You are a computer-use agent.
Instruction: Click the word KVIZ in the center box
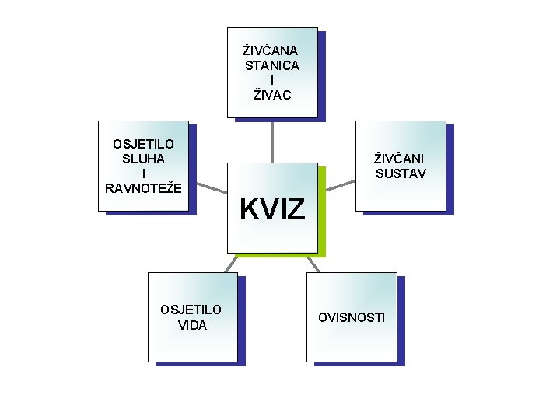tap(272, 209)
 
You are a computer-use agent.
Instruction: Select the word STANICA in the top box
tap(272, 65)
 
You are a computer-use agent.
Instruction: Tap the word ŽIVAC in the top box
tap(272, 95)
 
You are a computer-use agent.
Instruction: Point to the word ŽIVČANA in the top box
tap(271, 51)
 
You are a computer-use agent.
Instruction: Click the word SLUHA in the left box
tap(143, 158)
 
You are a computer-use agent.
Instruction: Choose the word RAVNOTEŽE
tap(143, 187)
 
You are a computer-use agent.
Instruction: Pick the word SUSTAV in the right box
tap(401, 173)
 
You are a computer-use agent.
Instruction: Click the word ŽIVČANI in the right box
tap(401, 158)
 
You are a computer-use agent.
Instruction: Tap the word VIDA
tap(192, 324)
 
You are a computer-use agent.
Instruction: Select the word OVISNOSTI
tap(352, 317)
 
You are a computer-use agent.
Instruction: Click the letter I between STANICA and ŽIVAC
tap(272, 80)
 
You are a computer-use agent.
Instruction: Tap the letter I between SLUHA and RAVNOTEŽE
tap(143, 173)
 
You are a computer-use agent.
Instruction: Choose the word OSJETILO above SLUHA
tap(143, 143)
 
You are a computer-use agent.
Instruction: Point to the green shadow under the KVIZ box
tap(280, 255)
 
